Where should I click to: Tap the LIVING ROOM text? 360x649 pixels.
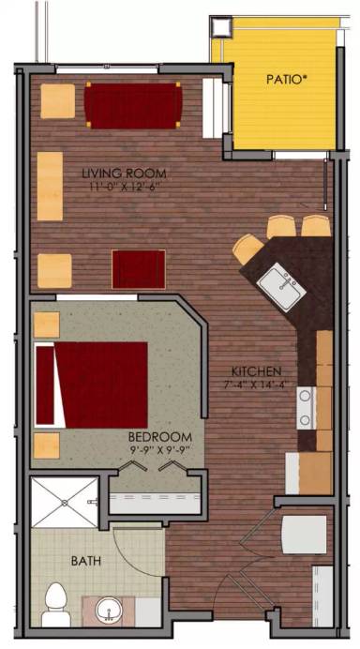(x=124, y=174)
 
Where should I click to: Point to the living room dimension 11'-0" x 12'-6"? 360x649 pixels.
(x=124, y=187)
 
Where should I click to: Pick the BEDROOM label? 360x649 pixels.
(x=160, y=437)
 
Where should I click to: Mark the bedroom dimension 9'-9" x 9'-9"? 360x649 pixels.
(x=160, y=450)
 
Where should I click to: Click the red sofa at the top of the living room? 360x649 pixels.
(x=133, y=104)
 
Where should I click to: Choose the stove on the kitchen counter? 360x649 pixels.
(x=306, y=407)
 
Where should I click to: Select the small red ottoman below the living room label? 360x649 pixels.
(x=139, y=269)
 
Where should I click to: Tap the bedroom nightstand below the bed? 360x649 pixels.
(x=47, y=444)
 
